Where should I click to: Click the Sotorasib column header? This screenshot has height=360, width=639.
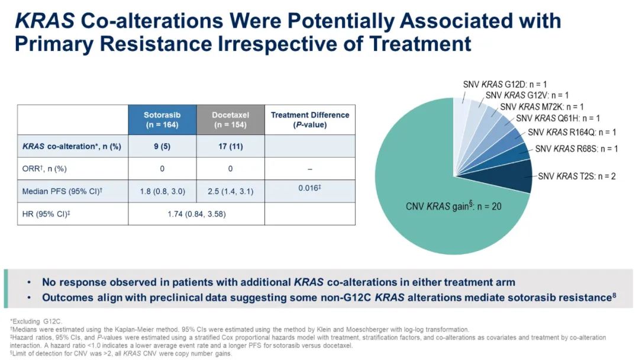pyautogui.click(x=161, y=120)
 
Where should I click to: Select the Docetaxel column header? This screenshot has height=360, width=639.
pyautogui.click(x=230, y=120)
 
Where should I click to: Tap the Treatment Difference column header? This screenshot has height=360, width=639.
pyautogui.click(x=310, y=120)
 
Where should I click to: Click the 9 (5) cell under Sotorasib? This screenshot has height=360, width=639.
pyautogui.click(x=161, y=146)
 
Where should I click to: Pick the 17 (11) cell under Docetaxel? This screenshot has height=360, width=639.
pyautogui.click(x=230, y=146)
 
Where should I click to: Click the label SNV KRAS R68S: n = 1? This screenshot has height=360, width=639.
pyautogui.click(x=576, y=149)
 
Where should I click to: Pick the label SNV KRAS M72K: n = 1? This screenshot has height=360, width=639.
pyautogui.click(x=542, y=107)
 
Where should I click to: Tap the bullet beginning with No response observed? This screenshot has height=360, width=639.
pyautogui.click(x=278, y=282)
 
